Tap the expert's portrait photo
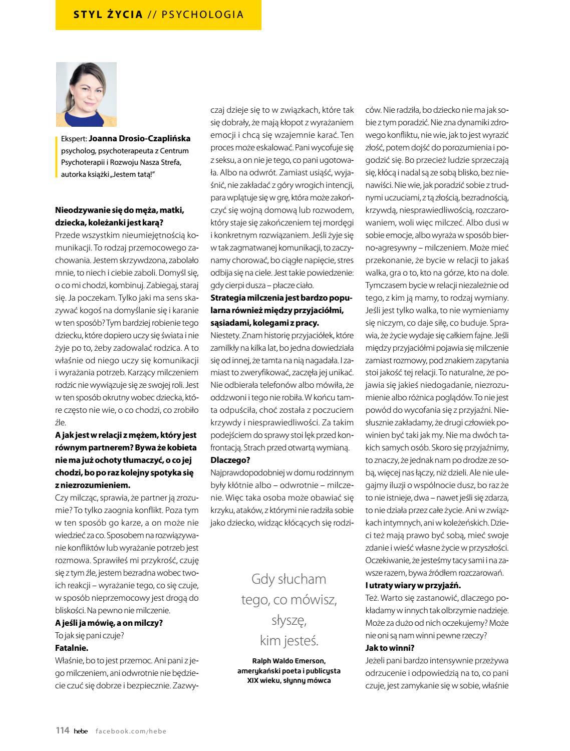coord(86,94)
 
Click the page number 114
coord(62,731)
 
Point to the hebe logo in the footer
coord(80,731)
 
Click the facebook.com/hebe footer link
coord(131,731)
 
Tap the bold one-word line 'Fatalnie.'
coord(72,648)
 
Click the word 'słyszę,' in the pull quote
coord(289,620)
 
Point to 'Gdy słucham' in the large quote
coord(289,579)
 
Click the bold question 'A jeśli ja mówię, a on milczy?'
coord(109,623)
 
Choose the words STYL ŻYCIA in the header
coord(108,15)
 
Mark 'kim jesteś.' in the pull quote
coord(289,641)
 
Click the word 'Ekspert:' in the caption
coord(74,139)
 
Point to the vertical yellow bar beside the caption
coord(57,156)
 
